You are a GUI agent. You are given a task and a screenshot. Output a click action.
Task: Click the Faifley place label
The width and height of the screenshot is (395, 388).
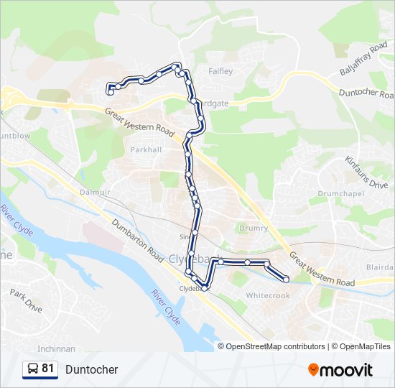pyautogui.click(x=220, y=72)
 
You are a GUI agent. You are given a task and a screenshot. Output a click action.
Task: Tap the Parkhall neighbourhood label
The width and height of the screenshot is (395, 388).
pyautogui.click(x=146, y=149)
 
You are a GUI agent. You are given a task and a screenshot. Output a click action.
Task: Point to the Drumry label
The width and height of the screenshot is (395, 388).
pyautogui.click(x=254, y=228)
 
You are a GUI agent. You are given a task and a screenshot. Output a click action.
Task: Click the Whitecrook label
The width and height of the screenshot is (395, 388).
pyautogui.click(x=268, y=295)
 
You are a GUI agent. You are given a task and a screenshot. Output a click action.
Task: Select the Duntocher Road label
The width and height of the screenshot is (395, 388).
pyautogui.click(x=366, y=93)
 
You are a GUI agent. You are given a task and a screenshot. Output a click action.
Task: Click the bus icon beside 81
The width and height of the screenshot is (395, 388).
pyautogui.click(x=32, y=369)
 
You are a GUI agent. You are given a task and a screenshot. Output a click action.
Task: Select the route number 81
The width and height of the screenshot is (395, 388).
pyautogui.click(x=48, y=369)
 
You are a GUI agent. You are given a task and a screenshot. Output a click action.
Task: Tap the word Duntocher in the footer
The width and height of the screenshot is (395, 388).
pyautogui.click(x=91, y=369)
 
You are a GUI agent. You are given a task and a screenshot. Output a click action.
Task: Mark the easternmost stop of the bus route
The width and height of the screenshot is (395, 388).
pyautogui.click(x=286, y=279)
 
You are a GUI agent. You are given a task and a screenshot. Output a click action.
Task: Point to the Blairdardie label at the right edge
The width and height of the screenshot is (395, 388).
pyautogui.click(x=381, y=267)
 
